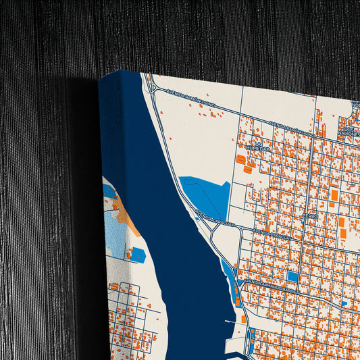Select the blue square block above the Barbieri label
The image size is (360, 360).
click(x=292, y=276)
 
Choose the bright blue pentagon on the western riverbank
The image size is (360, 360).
click(x=137, y=255)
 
